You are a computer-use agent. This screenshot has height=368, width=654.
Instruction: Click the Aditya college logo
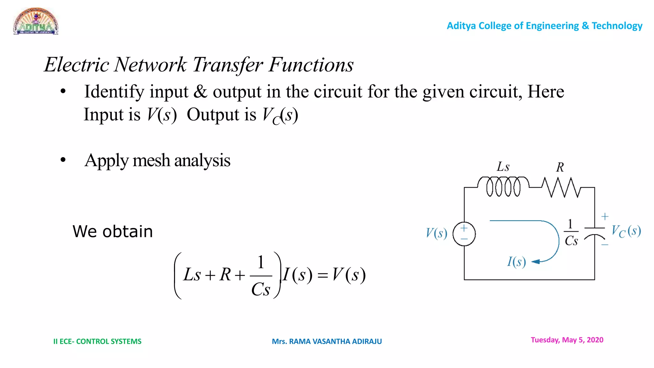pyautogui.click(x=36, y=21)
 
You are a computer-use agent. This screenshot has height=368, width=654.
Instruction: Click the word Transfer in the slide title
pyautogui.click(x=228, y=65)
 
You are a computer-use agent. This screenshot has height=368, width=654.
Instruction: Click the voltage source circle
pyautogui.click(x=464, y=234)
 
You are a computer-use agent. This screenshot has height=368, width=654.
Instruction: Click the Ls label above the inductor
pyautogui.click(x=503, y=166)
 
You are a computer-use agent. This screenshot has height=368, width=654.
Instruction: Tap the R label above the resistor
pyautogui.click(x=560, y=167)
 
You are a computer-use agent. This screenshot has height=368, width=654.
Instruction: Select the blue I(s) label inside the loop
pyautogui.click(x=516, y=262)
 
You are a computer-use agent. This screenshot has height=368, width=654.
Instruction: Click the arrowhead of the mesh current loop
pyautogui.click(x=536, y=262)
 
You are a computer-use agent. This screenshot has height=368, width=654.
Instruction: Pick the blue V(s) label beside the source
pyautogui.click(x=436, y=233)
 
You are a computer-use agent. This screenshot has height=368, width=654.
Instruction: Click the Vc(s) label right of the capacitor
pyautogui.click(x=626, y=231)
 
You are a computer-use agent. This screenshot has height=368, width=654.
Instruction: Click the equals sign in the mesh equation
pyautogui.click(x=323, y=275)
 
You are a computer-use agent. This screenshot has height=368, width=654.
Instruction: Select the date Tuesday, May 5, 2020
pyautogui.click(x=567, y=340)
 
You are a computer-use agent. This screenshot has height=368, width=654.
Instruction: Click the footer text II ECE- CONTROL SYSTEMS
pyautogui.click(x=97, y=341)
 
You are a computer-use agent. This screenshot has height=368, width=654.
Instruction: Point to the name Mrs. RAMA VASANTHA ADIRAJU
pyautogui.click(x=327, y=341)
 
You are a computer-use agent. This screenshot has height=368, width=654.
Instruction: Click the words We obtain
pyautogui.click(x=113, y=231)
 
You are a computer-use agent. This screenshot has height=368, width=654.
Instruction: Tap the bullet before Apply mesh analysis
pyautogui.click(x=63, y=160)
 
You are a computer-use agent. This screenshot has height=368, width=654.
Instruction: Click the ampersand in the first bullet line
pyautogui.click(x=200, y=92)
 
